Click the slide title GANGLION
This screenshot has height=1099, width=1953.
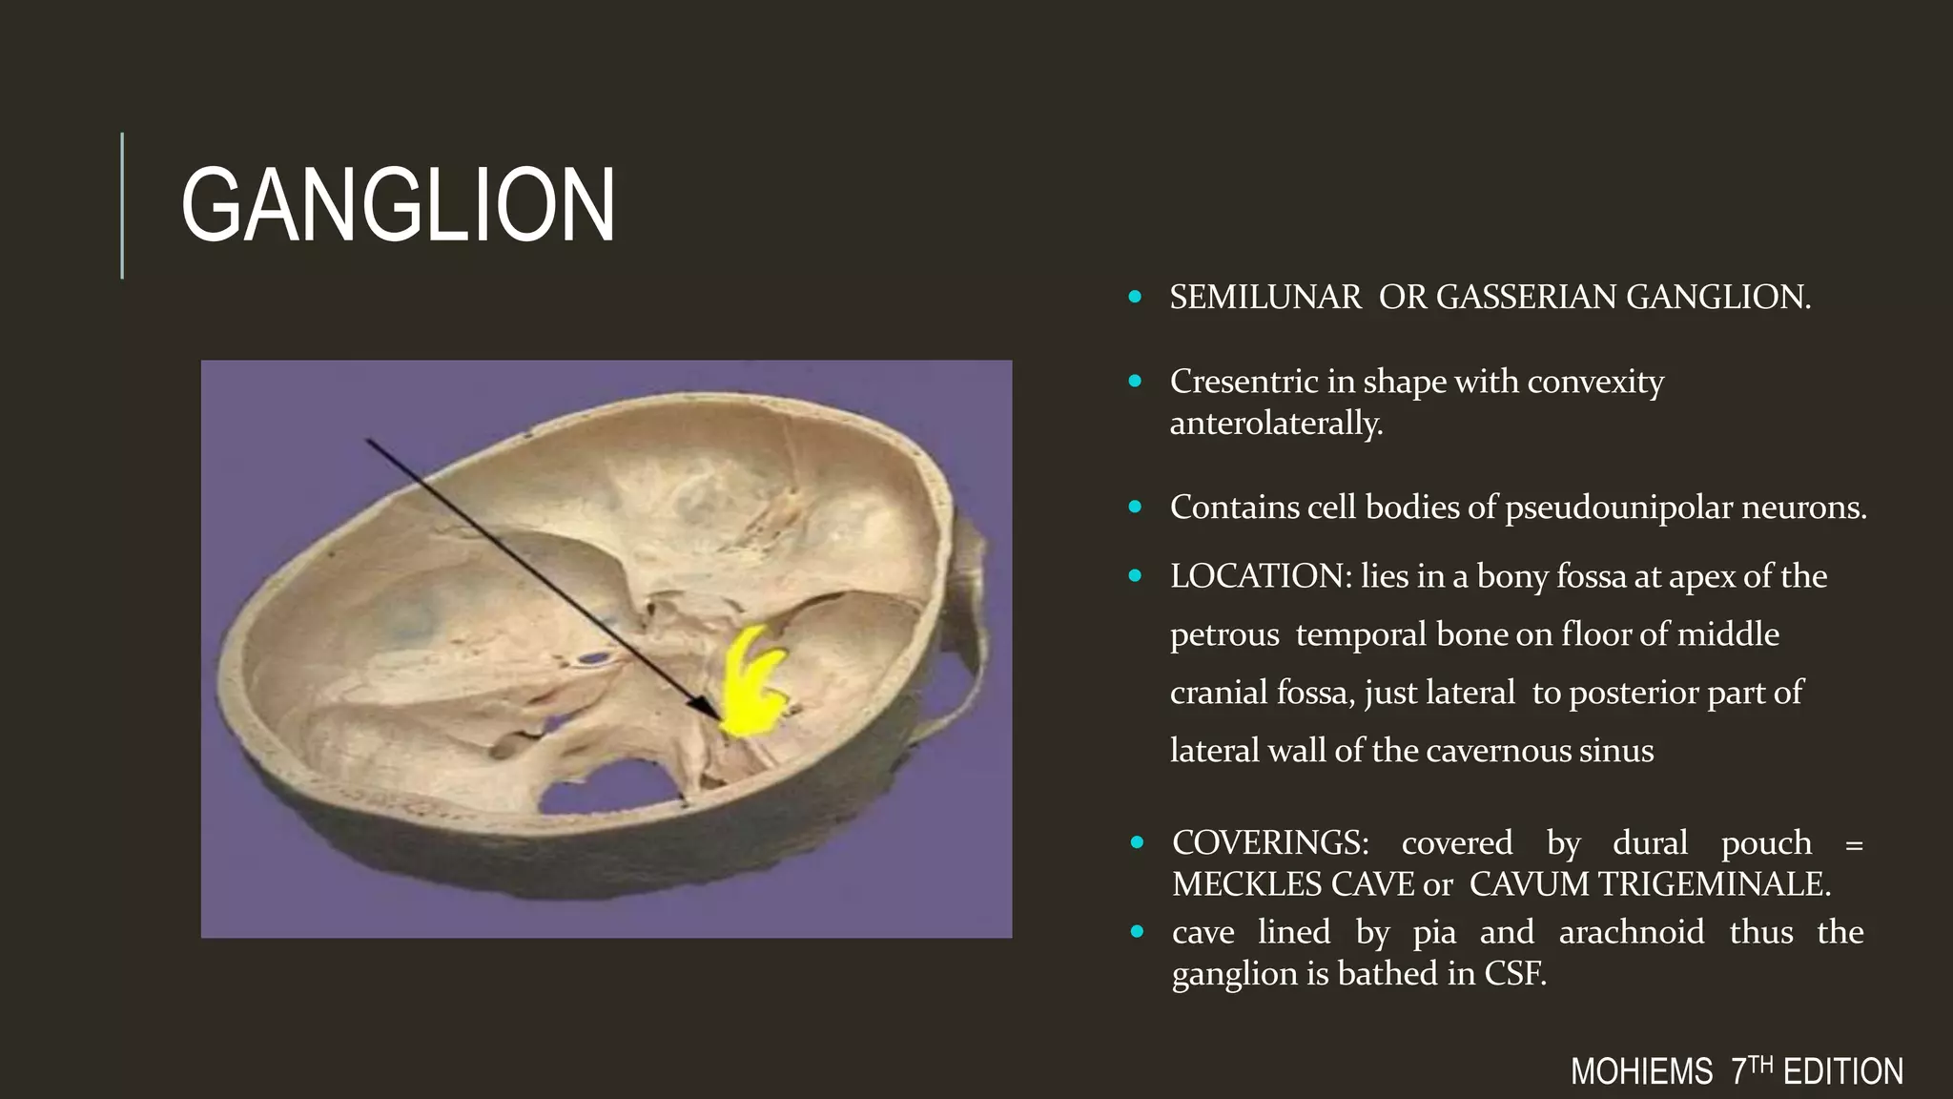coord(398,205)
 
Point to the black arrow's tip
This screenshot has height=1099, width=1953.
coord(720,718)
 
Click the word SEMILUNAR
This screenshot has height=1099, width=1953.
coord(1265,298)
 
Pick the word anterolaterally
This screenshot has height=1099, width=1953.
coord(1276,423)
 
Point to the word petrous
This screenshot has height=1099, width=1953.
coord(1224,634)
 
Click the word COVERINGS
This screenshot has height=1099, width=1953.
coord(1270,842)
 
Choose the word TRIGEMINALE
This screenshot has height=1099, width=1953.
coord(1713,884)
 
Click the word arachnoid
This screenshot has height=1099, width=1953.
coord(1631,932)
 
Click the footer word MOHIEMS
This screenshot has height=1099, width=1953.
coord(1641,1072)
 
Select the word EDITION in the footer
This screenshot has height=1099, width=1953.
coord(1842,1072)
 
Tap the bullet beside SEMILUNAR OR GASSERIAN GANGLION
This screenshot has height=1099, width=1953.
coord(1135,298)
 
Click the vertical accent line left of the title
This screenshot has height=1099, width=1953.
coord(122,205)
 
